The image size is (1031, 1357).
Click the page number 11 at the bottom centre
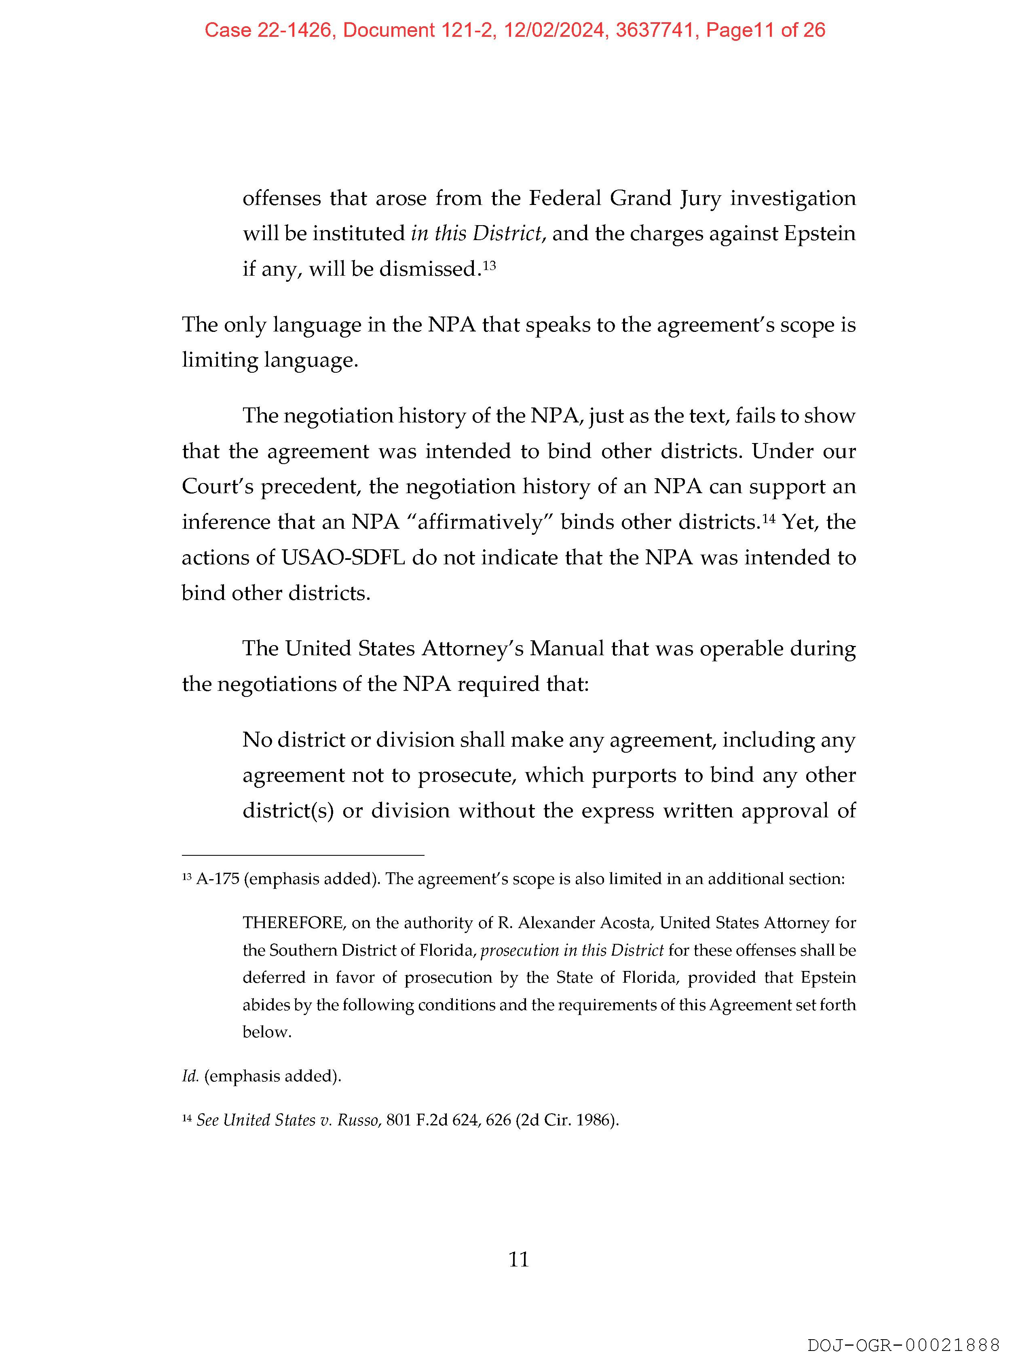coord(519,1260)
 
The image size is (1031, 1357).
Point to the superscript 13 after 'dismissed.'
coord(489,265)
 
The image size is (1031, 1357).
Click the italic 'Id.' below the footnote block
coord(190,1076)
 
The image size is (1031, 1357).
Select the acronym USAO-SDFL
coord(343,558)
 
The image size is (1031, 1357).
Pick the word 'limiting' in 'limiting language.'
coord(220,360)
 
